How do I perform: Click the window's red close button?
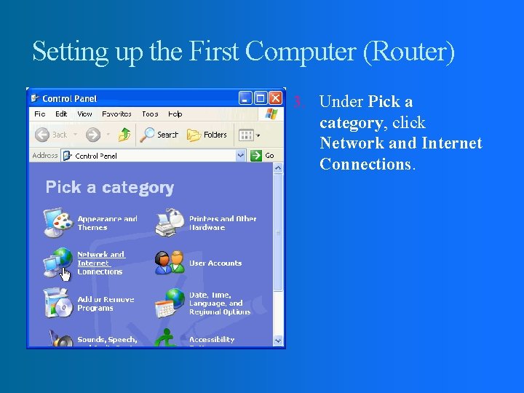pyautogui.click(x=276, y=98)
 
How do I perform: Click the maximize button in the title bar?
pyautogui.click(x=261, y=98)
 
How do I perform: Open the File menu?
pyautogui.click(x=40, y=114)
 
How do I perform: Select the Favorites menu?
pyautogui.click(x=116, y=114)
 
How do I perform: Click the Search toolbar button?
pyautogui.click(x=159, y=135)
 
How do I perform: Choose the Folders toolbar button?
pyautogui.click(x=207, y=135)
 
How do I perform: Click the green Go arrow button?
pyautogui.click(x=256, y=155)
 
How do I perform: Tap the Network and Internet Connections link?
pyautogui.click(x=100, y=263)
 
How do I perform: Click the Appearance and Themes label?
pyautogui.click(x=107, y=223)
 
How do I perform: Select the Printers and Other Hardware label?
pyautogui.click(x=223, y=223)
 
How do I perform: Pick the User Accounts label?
pyautogui.click(x=215, y=263)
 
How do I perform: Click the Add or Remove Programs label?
pyautogui.click(x=106, y=303)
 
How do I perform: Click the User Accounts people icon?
pyautogui.click(x=169, y=263)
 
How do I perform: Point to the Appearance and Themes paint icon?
pyautogui.click(x=57, y=222)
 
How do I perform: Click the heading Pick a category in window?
pyautogui.click(x=110, y=188)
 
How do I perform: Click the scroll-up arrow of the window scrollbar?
pyautogui.click(x=278, y=168)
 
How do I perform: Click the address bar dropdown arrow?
pyautogui.click(x=241, y=155)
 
